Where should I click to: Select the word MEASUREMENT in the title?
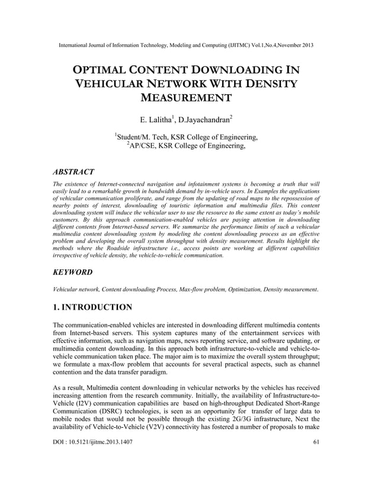(188, 98)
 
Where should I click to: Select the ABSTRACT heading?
(73, 172)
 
